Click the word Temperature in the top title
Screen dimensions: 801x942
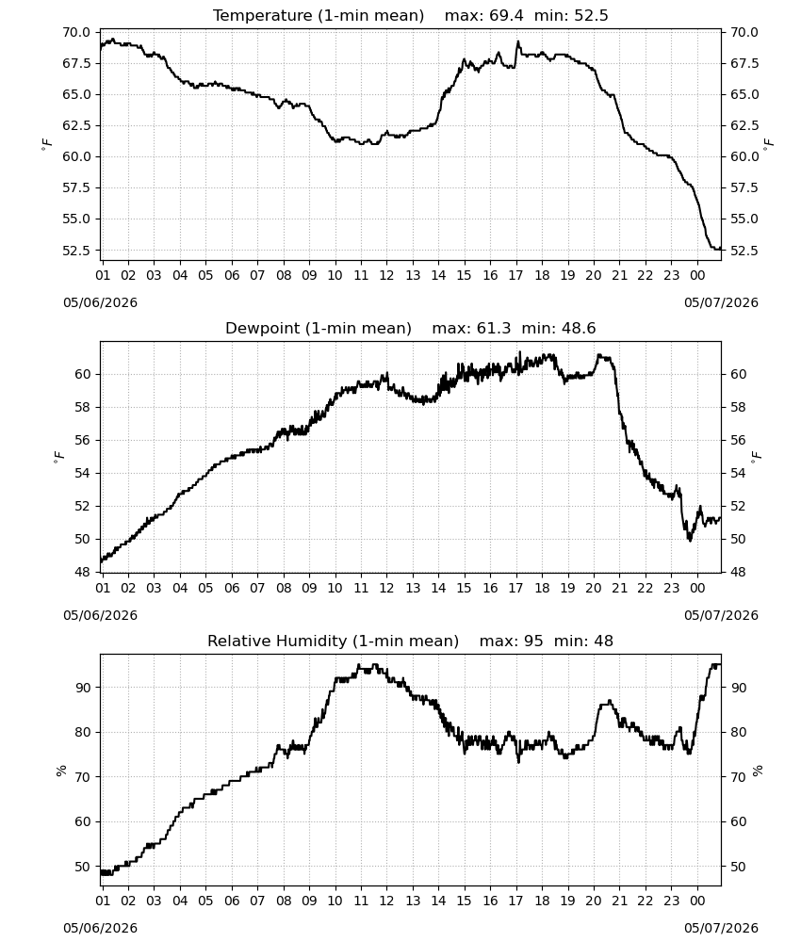(x=262, y=16)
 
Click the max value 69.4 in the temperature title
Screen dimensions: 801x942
(x=506, y=15)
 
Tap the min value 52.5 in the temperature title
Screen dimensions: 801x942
(x=591, y=15)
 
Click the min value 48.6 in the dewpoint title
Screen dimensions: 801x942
(x=579, y=328)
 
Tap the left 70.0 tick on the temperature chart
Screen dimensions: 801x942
(x=76, y=32)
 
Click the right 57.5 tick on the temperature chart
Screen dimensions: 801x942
(x=744, y=188)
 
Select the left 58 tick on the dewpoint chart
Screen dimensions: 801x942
(x=83, y=407)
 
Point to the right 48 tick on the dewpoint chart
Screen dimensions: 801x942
(x=737, y=573)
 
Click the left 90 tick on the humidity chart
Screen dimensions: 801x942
(x=83, y=688)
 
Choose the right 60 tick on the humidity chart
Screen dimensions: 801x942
(x=737, y=821)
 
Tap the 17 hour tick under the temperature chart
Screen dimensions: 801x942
(x=515, y=276)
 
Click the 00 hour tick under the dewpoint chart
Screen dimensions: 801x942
(x=697, y=588)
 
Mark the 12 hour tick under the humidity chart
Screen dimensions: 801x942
(x=386, y=901)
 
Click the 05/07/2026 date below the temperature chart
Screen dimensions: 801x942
(x=721, y=302)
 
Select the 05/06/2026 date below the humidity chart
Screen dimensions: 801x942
(x=100, y=929)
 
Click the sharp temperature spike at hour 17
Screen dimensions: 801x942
(x=518, y=42)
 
